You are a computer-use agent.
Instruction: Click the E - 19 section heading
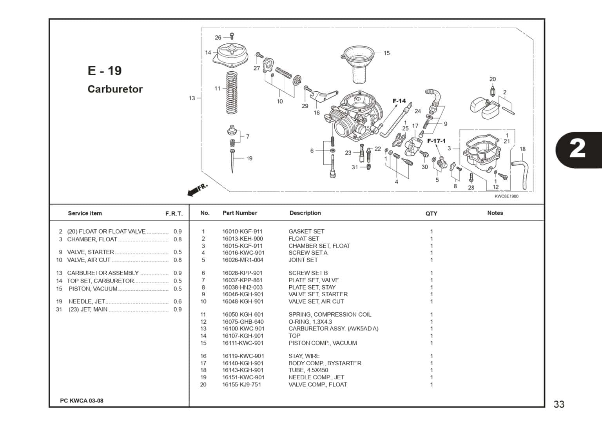click(x=105, y=71)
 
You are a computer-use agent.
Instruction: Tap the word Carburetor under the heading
click(x=115, y=89)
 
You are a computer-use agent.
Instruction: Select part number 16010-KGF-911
click(x=242, y=231)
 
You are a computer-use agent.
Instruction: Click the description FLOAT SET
click(x=304, y=239)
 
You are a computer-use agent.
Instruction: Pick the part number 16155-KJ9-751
click(x=241, y=384)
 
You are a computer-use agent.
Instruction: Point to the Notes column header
click(x=495, y=213)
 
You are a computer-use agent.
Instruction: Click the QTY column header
click(x=432, y=214)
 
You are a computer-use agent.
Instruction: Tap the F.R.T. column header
click(x=174, y=214)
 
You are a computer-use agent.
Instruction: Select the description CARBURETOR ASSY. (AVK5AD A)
click(x=334, y=329)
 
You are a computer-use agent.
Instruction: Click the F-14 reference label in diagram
click(x=399, y=101)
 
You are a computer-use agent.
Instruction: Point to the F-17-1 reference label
click(x=437, y=141)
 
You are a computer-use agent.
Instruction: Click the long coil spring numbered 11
click(x=232, y=92)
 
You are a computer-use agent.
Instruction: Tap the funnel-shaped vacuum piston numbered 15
click(x=358, y=64)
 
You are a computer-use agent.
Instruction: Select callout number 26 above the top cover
click(x=218, y=38)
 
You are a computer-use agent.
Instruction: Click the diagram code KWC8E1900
click(x=507, y=196)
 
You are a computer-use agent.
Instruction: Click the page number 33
click(x=559, y=404)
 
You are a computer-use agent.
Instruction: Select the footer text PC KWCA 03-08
click(x=82, y=401)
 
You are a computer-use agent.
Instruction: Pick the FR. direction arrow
click(x=197, y=190)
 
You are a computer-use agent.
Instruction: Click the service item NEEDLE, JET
click(x=87, y=301)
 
